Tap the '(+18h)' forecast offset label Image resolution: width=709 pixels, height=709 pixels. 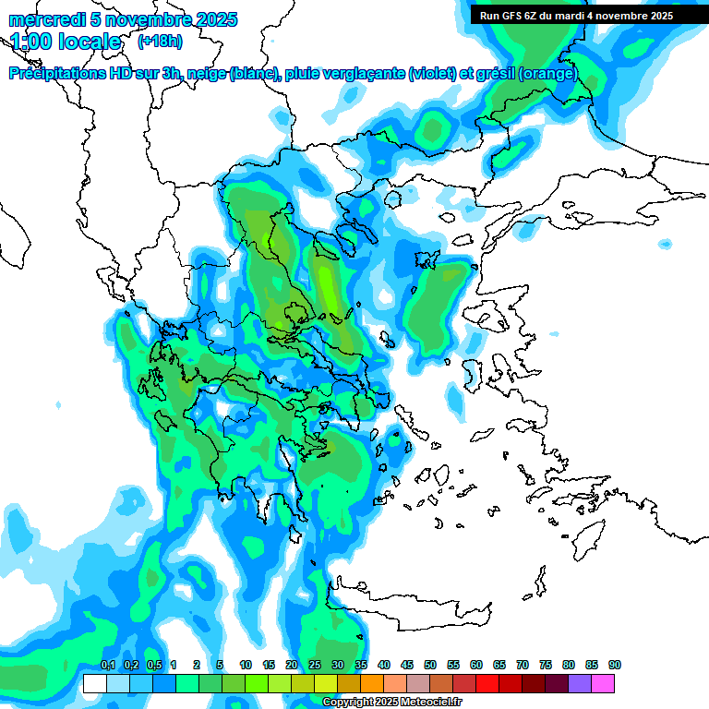[160, 41]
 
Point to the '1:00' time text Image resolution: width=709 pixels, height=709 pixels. [30, 42]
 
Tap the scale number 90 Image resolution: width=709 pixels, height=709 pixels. [615, 665]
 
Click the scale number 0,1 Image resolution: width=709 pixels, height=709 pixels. [107, 665]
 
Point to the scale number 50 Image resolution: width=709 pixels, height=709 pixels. [430, 665]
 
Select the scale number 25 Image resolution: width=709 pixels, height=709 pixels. [315, 665]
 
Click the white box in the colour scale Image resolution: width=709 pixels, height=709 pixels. [94, 683]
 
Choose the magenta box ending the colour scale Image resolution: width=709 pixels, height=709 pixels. [603, 683]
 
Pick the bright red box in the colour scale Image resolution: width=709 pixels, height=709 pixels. [487, 683]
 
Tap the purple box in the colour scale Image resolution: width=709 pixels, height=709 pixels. [580, 683]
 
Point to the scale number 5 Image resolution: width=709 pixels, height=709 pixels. [220, 665]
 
